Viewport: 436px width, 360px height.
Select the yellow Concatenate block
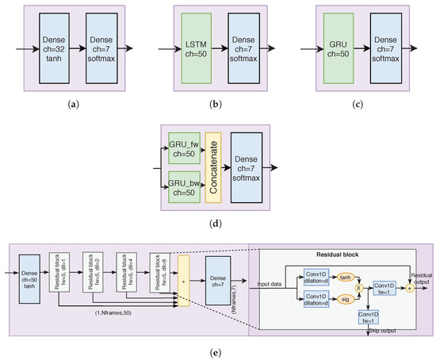click(212, 168)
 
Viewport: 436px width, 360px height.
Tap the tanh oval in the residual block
click(345, 277)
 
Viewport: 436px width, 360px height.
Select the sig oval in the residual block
click(345, 301)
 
